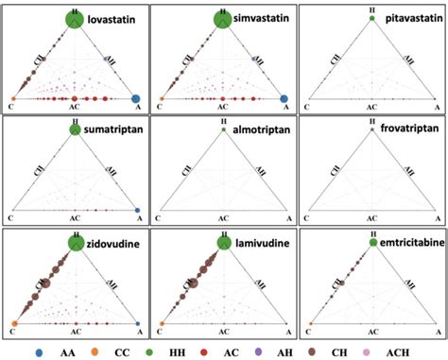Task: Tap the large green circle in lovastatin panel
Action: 76,18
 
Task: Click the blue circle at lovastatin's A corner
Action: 136,98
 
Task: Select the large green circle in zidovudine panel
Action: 76,243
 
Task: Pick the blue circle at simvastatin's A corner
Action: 284,98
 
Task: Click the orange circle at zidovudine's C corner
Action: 14,323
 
